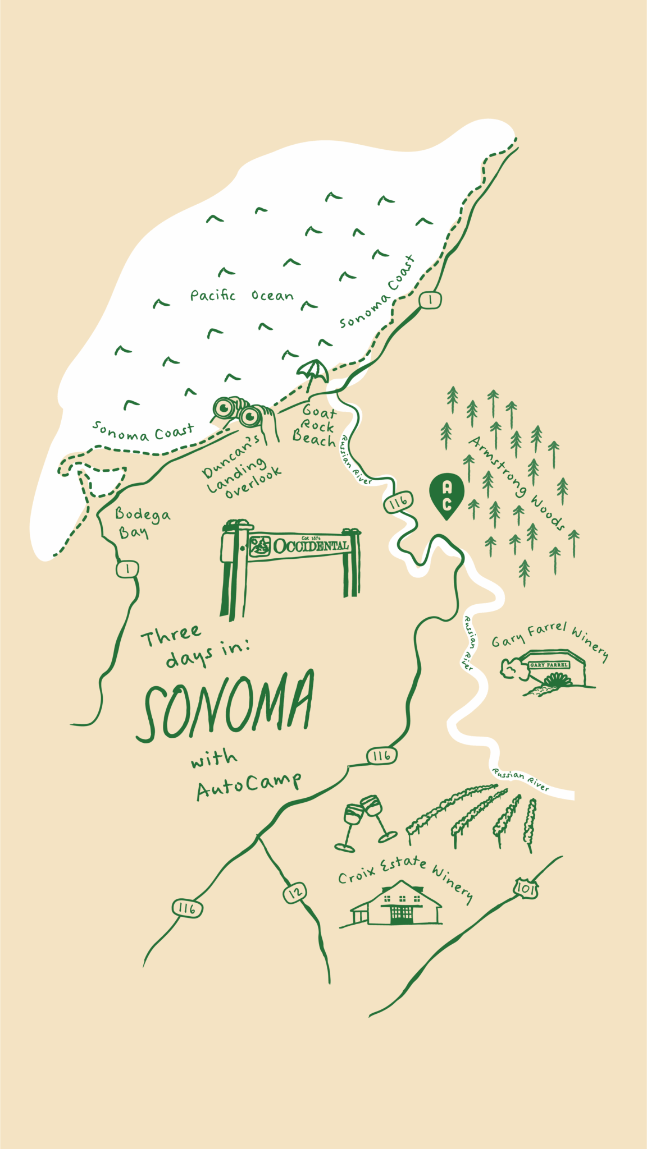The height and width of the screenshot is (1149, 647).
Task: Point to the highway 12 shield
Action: pos(295,892)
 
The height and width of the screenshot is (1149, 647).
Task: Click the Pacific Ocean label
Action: pos(242,296)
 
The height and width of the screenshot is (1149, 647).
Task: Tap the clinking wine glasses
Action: pos(364,822)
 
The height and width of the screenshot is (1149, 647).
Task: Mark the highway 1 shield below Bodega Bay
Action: pos(127,569)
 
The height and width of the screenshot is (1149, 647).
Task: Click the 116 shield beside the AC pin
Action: pos(398,502)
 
